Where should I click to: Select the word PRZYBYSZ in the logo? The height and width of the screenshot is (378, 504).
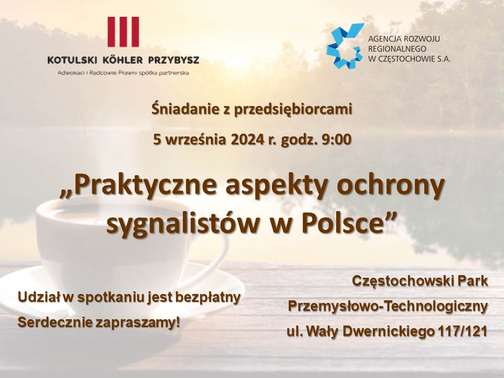tap(174, 60)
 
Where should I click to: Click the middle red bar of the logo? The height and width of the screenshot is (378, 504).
tap(123, 31)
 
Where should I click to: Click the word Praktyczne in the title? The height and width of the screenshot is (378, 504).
tap(142, 186)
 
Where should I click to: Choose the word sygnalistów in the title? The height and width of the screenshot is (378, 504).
tap(183, 224)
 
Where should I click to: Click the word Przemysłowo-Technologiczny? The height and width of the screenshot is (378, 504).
tap(388, 306)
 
